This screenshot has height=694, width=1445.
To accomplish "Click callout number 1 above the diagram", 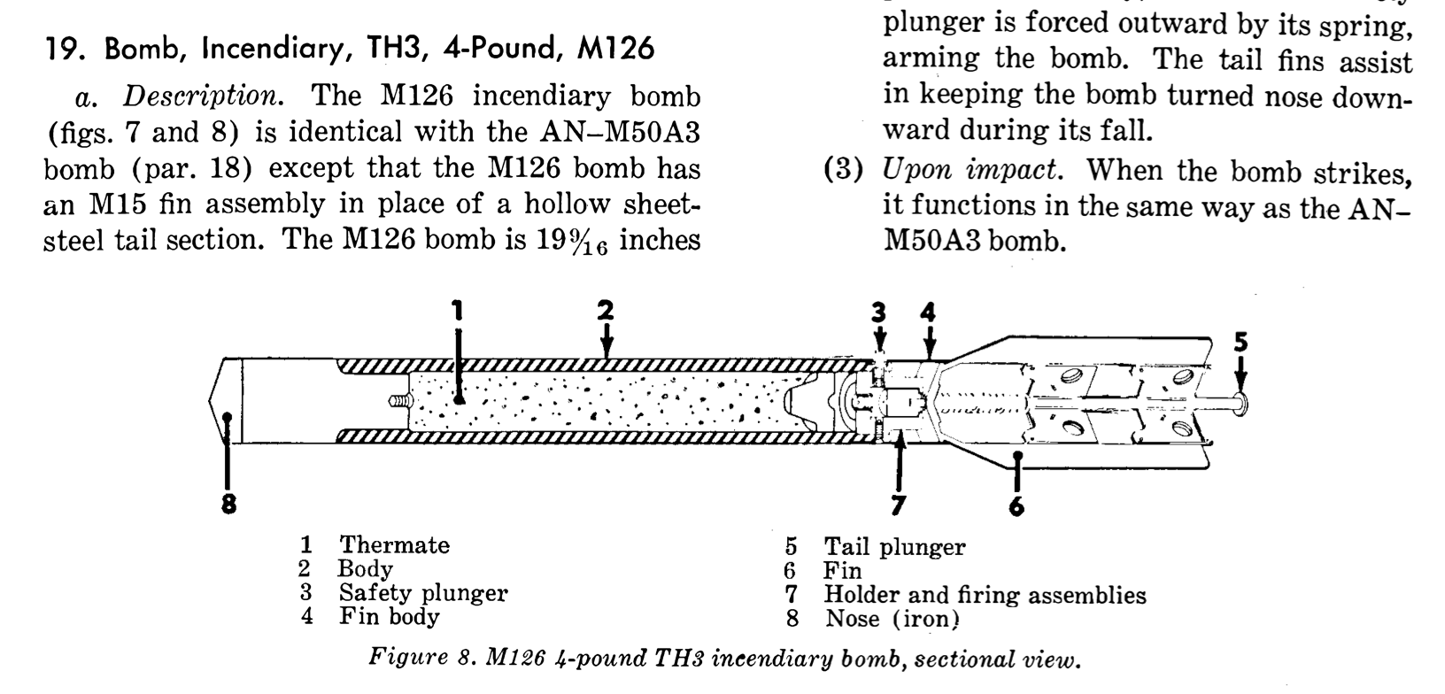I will click(x=457, y=311).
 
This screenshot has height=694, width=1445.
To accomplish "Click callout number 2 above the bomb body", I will click(x=606, y=311).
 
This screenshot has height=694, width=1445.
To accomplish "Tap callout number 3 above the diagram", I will click(x=878, y=312).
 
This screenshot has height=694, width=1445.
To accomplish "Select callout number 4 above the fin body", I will click(x=927, y=312).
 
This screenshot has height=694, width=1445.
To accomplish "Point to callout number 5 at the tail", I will click(x=1241, y=341).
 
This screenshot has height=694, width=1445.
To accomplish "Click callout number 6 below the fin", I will click(x=1016, y=506).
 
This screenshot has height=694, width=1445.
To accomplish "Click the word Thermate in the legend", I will click(x=394, y=545).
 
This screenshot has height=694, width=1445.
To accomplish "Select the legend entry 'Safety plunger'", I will click(x=423, y=593).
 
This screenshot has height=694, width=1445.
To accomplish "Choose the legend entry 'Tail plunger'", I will click(x=894, y=547).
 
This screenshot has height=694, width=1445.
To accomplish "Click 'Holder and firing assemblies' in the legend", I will click(x=985, y=595).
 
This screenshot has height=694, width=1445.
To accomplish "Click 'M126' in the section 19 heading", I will click(x=615, y=48).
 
